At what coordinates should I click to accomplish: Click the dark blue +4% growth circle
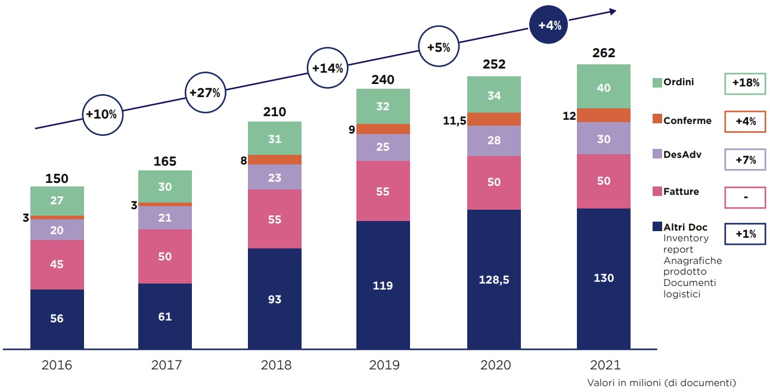(549, 26)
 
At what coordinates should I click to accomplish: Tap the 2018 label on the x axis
(276, 365)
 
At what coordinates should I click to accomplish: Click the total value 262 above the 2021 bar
(603, 53)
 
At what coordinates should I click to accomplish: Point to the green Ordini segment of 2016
(57, 201)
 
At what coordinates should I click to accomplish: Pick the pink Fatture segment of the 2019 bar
(383, 191)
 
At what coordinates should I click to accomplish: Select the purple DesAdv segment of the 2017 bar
(165, 217)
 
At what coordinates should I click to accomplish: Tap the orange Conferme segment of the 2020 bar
(493, 119)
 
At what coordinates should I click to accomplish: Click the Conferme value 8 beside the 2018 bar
(243, 160)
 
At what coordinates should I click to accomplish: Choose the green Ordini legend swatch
(657, 82)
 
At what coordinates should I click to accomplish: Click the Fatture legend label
(681, 192)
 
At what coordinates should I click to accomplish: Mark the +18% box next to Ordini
(744, 83)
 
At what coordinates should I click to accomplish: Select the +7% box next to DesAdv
(744, 160)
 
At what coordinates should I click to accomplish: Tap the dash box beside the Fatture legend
(744, 197)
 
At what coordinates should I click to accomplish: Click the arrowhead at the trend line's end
(611, 11)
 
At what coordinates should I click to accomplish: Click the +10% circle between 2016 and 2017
(104, 114)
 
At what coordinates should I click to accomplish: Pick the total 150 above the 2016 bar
(57, 179)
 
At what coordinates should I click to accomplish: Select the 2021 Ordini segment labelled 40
(603, 87)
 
